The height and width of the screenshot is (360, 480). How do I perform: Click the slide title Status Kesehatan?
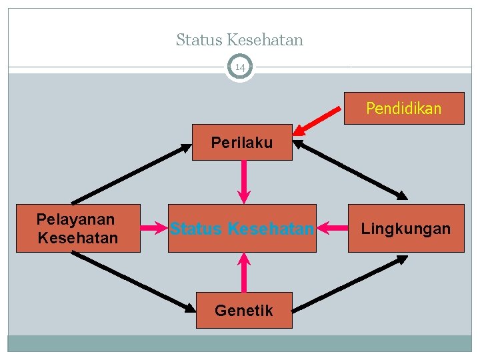click(239, 40)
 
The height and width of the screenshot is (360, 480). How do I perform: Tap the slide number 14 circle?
click(240, 67)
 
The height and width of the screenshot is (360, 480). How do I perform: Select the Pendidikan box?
click(403, 109)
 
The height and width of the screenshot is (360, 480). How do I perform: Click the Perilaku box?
click(242, 142)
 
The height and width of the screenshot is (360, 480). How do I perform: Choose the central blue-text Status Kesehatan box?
click(242, 229)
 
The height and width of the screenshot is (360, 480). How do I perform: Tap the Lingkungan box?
click(406, 229)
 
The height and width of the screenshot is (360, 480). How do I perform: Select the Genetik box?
click(244, 310)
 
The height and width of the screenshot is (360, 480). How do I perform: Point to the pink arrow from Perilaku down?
click(245, 181)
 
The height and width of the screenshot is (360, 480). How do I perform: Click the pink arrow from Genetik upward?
click(245, 273)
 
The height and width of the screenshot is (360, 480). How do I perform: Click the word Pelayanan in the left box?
click(75, 219)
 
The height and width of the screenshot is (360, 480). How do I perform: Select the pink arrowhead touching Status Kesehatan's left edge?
click(163, 229)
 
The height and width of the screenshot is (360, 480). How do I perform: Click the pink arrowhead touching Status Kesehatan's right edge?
click(321, 229)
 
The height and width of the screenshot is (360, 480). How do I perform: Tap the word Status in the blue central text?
click(196, 229)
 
